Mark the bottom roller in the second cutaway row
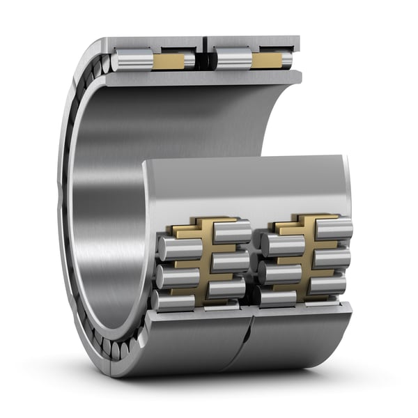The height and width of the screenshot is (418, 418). point(226,286)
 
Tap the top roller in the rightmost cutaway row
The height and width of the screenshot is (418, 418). point(333,229)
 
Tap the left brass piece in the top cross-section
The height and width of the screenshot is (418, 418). point(169,61)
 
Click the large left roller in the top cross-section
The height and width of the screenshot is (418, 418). point(132,60)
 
